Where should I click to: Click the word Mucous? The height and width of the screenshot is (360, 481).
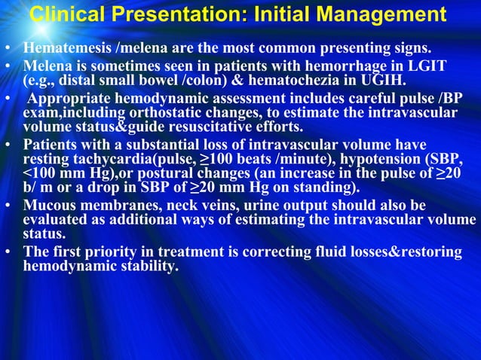[48, 206]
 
